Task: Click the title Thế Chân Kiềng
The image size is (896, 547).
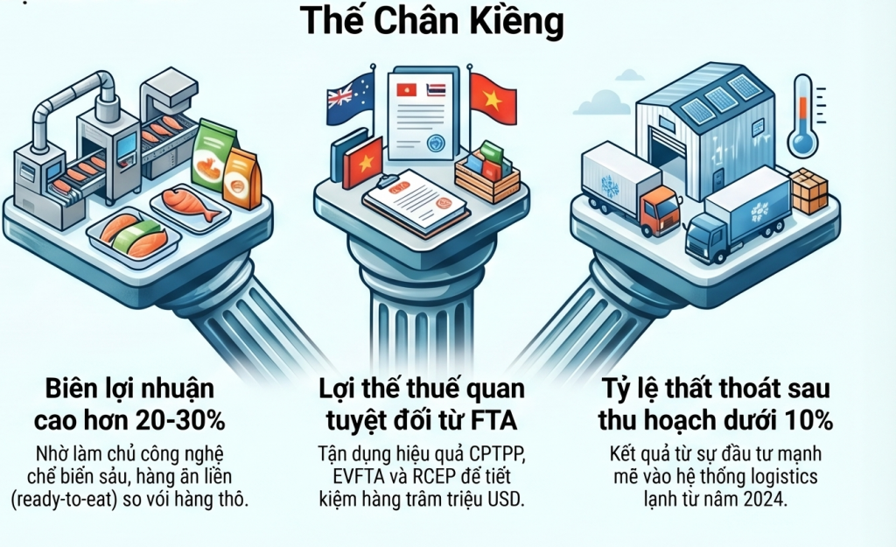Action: tap(431, 21)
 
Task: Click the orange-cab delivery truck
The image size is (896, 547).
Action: tap(630, 191)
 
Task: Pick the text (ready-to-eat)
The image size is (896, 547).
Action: tap(81, 499)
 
